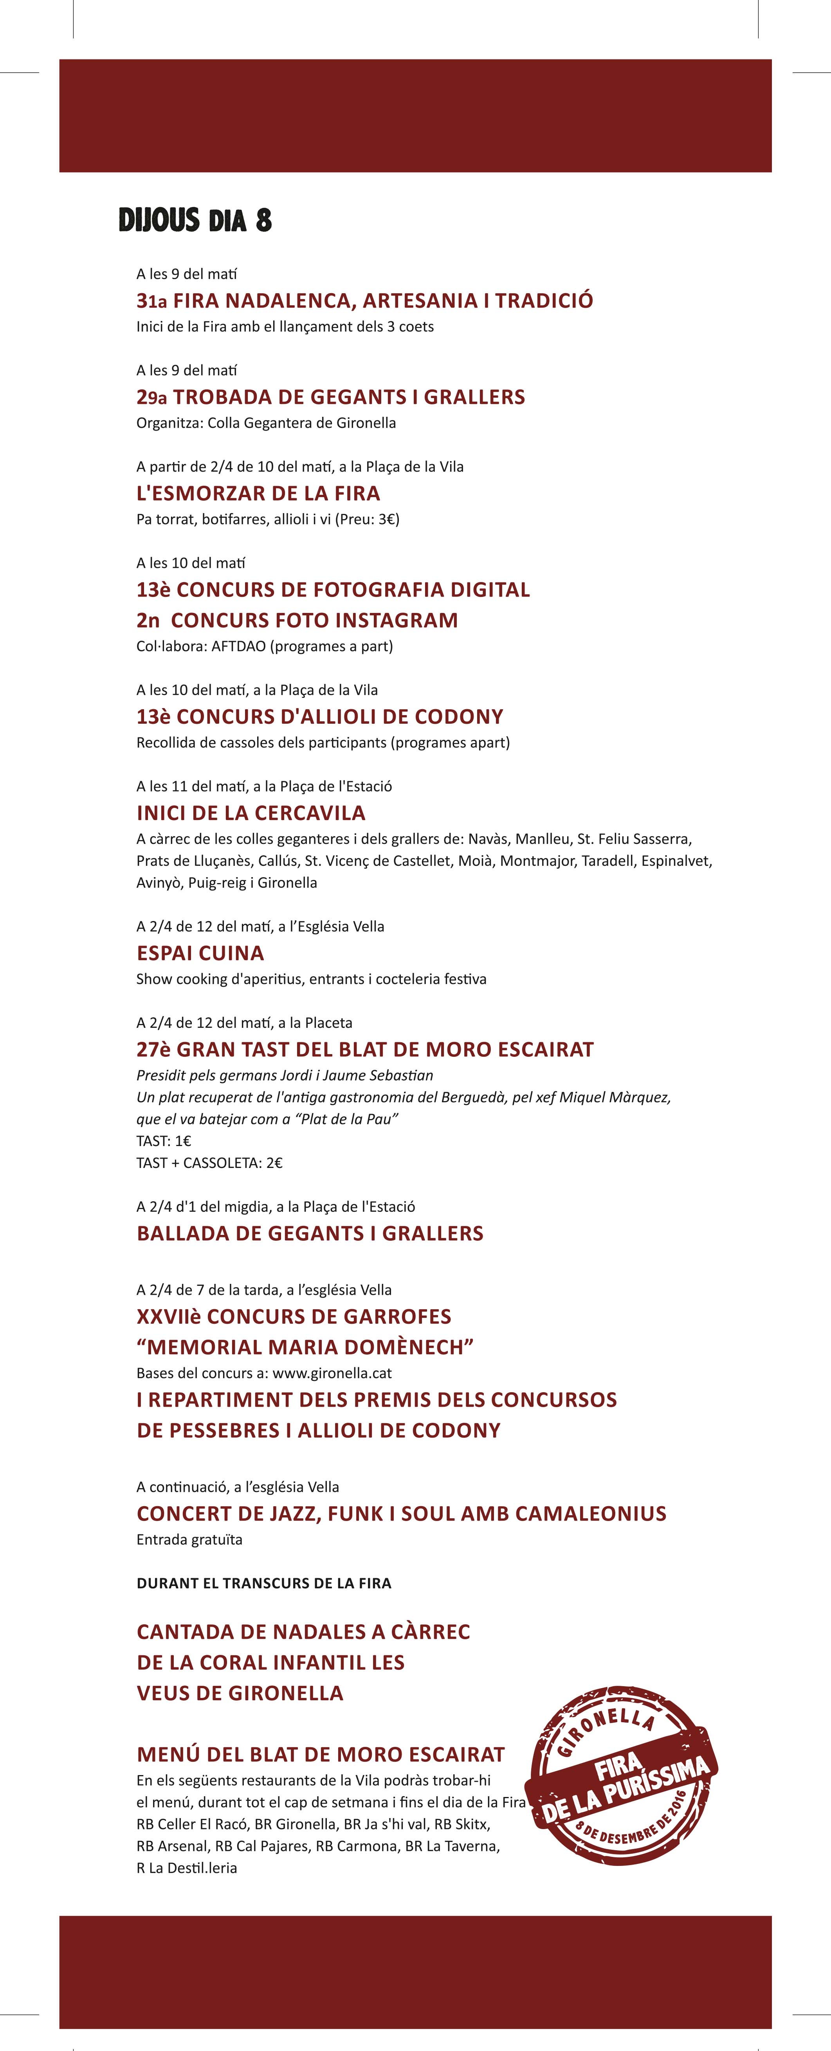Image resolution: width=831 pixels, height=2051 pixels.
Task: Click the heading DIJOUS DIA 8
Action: coord(195,220)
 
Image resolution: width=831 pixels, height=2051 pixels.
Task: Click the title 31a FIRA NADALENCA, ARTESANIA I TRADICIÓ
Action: coord(364,300)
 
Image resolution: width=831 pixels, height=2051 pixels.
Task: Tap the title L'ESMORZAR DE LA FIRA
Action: coord(258,493)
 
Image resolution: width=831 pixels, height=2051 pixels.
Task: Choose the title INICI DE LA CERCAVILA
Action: coord(251,813)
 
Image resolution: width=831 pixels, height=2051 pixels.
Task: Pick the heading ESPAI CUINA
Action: coord(200,953)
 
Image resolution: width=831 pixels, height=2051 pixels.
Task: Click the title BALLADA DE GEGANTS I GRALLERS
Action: coord(310,1233)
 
